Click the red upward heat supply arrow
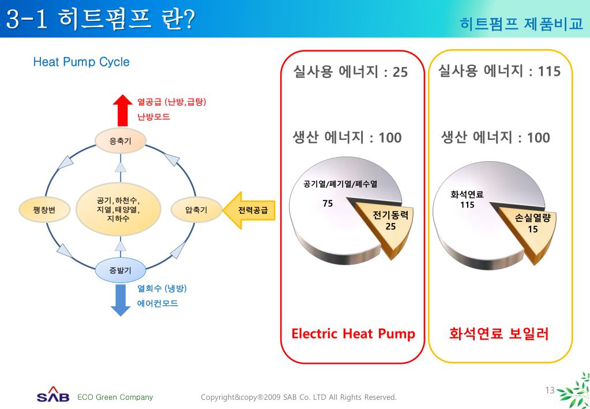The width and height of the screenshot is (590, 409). (x=122, y=110)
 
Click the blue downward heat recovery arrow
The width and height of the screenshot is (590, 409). (x=121, y=299)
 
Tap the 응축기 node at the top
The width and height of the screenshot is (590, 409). (x=120, y=140)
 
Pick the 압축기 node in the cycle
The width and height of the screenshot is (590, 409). (x=196, y=210)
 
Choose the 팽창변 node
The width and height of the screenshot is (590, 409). (x=44, y=210)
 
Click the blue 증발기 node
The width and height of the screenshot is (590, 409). (x=120, y=270)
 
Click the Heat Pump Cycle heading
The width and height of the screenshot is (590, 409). (x=81, y=62)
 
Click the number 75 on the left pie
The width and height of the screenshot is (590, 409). (x=328, y=203)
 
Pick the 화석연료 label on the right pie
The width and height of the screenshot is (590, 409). (x=467, y=194)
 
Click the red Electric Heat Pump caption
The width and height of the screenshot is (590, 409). (x=353, y=333)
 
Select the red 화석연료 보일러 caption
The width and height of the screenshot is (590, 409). (x=499, y=333)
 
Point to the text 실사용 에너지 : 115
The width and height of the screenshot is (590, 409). (x=499, y=71)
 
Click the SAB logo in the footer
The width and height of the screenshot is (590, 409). (x=53, y=396)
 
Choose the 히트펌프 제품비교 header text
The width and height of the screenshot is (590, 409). (x=521, y=24)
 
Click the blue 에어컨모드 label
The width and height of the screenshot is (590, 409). (x=157, y=303)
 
